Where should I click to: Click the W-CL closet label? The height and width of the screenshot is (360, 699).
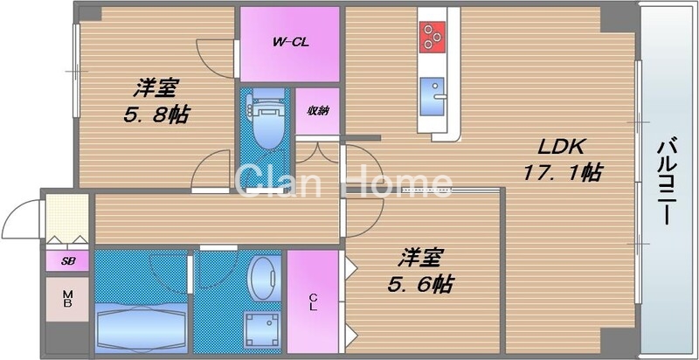(288, 41)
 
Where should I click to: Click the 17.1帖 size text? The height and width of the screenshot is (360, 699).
(561, 172)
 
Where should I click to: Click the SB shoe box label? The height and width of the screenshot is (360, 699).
(66, 260)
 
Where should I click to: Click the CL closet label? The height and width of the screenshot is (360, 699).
(312, 301)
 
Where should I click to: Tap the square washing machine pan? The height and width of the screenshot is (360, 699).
(260, 328)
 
